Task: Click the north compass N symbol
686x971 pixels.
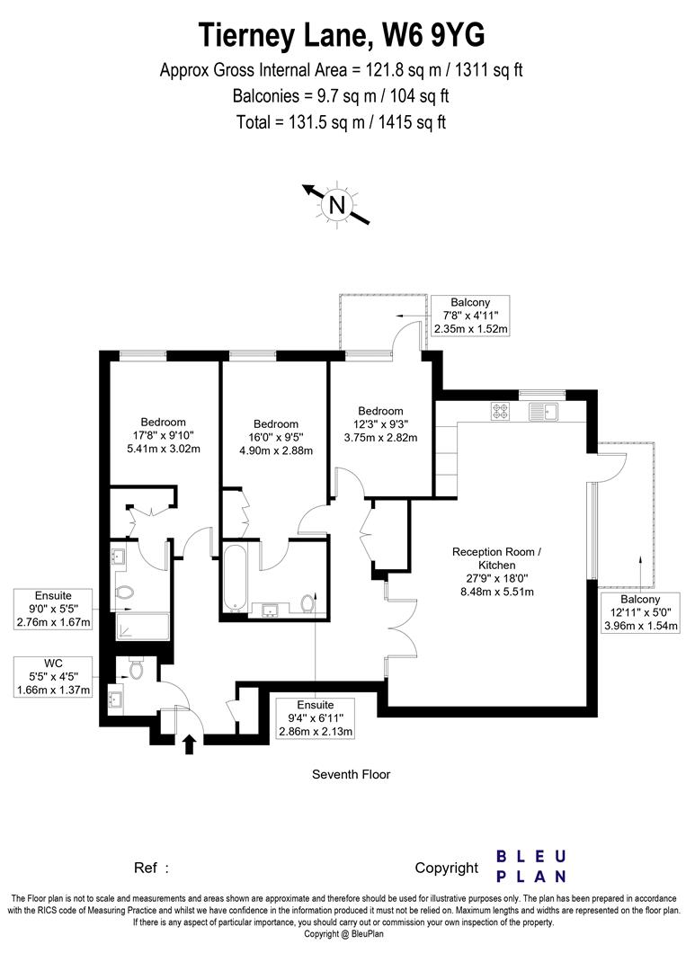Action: [x=338, y=204]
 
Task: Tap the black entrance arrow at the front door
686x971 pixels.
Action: [x=190, y=744]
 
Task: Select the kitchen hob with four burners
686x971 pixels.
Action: [x=501, y=412]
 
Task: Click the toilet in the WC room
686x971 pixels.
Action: [x=136, y=669]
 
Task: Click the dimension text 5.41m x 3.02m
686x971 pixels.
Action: [x=163, y=449]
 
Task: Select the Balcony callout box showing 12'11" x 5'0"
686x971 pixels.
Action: [x=638, y=613]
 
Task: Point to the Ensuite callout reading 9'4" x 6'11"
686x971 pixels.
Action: [x=315, y=718]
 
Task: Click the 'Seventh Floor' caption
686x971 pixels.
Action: [x=351, y=774]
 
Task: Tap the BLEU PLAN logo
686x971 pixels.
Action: [x=531, y=866]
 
